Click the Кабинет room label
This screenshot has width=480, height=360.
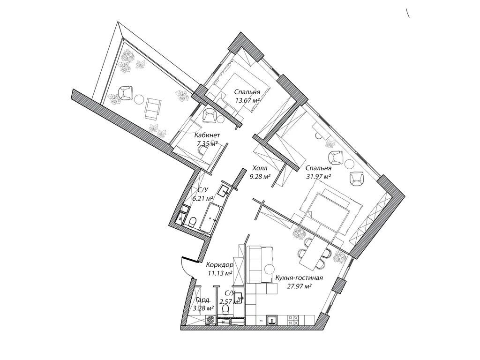pyautogui.click(x=207, y=135)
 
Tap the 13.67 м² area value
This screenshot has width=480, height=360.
pyautogui.click(x=247, y=100)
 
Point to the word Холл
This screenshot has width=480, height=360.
pyautogui.click(x=260, y=168)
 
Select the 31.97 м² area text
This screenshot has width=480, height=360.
pyautogui.click(x=319, y=176)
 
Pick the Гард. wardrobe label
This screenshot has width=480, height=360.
pyautogui.click(x=203, y=300)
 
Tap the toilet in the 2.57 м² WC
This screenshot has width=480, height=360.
pyautogui.click(x=225, y=310)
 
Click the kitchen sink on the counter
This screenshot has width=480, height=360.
pyautogui.click(x=272, y=320)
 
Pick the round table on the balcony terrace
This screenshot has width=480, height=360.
pyautogui.click(x=139, y=99)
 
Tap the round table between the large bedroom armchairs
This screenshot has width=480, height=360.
pyautogui.click(x=350, y=164)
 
